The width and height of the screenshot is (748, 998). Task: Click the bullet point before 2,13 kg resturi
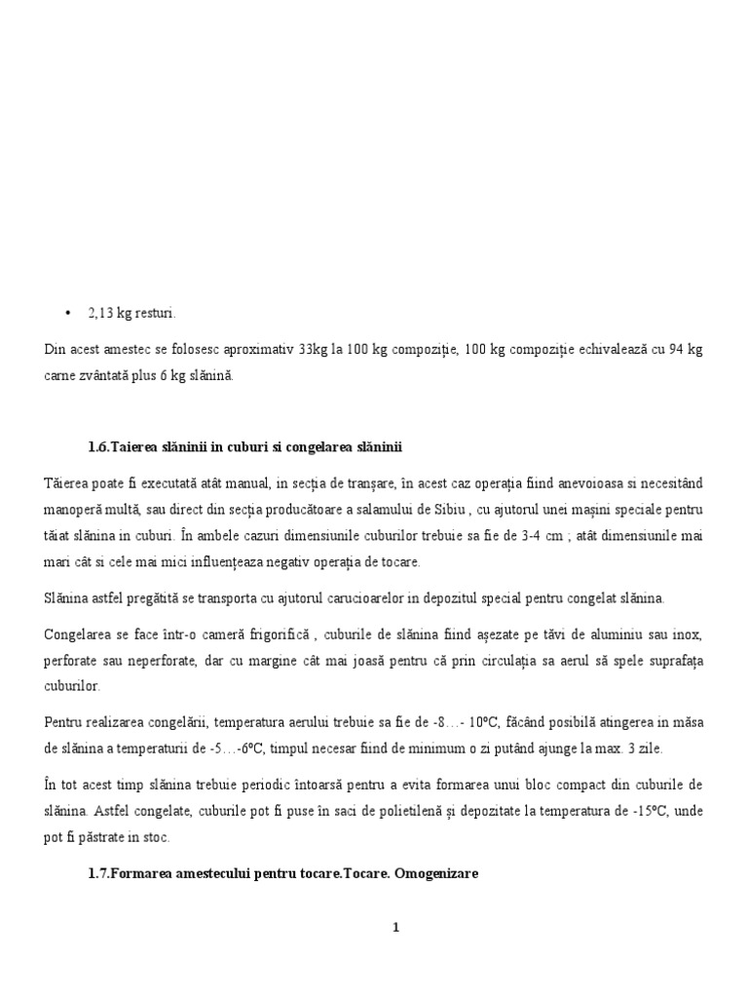point(66,313)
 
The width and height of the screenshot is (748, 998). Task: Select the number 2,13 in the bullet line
point(101,313)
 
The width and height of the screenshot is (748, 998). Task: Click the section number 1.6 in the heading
point(97,447)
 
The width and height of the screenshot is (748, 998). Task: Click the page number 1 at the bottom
point(396,927)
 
